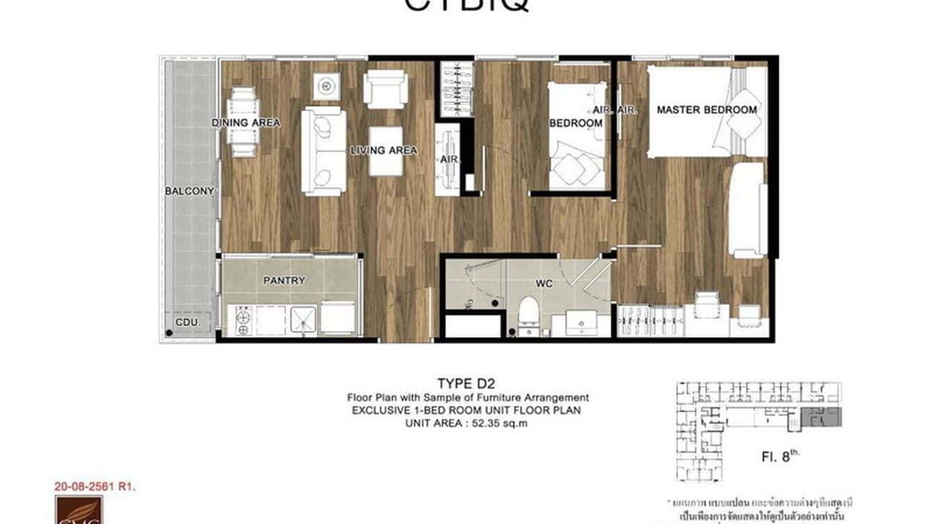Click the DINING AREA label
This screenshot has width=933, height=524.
pyautogui.click(x=246, y=123)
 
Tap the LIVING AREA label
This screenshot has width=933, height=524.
pyautogui.click(x=384, y=150)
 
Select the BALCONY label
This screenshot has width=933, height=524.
pyautogui.click(x=189, y=191)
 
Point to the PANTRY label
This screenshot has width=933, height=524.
pyautogui.click(x=284, y=281)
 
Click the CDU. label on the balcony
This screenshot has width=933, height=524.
pyautogui.click(x=188, y=322)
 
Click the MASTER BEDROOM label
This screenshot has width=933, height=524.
pyautogui.click(x=706, y=110)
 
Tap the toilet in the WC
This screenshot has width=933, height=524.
pyautogui.click(x=528, y=317)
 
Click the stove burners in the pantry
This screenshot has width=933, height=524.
pyautogui.click(x=244, y=320)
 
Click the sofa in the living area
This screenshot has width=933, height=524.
pyautogui.click(x=323, y=150)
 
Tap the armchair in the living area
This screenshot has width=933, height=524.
pyautogui.click(x=386, y=88)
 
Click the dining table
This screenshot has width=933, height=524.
pyautogui.click(x=244, y=122)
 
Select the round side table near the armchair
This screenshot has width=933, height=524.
pyautogui.click(x=326, y=85)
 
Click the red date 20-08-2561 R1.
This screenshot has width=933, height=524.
pyautogui.click(x=95, y=486)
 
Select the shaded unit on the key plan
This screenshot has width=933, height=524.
pyautogui.click(x=820, y=417)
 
